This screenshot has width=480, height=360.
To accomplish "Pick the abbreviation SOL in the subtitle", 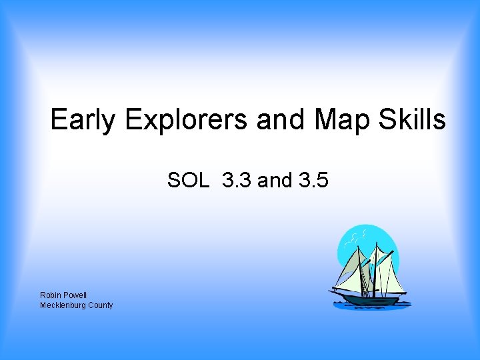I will (188, 180).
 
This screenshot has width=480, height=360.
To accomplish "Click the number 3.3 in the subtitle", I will (235, 180).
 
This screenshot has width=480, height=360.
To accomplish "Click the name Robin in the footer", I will (51, 295).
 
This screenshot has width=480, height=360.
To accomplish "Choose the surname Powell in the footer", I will (75, 295).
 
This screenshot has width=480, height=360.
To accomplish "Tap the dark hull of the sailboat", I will (370, 299).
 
